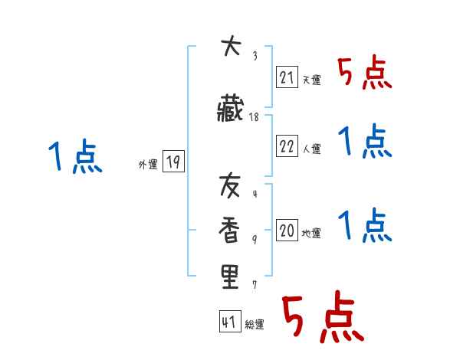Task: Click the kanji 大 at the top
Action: [x=231, y=48]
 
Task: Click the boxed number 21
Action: [x=287, y=77]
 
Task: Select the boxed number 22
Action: [x=287, y=146]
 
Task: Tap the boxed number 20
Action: [x=287, y=231]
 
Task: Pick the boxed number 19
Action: [x=173, y=162]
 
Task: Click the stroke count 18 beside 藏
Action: [x=254, y=117]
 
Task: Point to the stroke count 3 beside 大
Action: [x=255, y=55]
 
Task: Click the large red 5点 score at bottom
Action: [x=322, y=319]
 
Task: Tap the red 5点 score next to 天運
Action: [x=365, y=74]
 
